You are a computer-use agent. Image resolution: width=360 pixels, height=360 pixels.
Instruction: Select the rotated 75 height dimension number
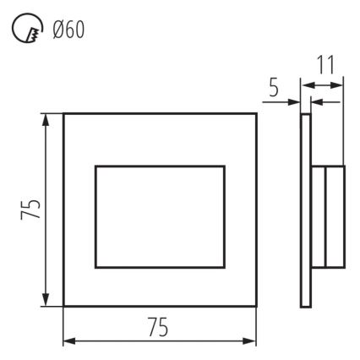[30, 210]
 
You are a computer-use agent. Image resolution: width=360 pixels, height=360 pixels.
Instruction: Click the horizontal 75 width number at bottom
[159, 329]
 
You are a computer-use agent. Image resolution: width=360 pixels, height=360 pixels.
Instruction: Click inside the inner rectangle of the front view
[161, 218]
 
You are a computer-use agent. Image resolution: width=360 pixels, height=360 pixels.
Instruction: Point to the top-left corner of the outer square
[64, 112]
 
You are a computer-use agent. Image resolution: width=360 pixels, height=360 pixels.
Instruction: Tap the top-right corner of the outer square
[257, 112]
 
